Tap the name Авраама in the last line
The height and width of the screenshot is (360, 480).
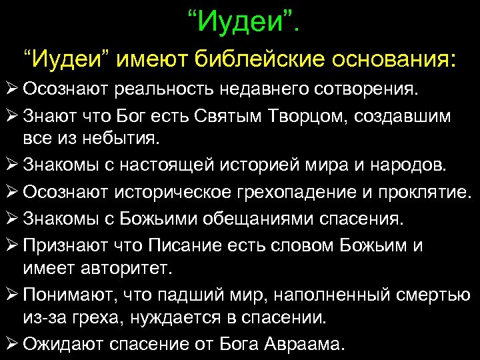[307, 345]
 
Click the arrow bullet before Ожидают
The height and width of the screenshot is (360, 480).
[11, 344]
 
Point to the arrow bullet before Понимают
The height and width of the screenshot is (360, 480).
[11, 295]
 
